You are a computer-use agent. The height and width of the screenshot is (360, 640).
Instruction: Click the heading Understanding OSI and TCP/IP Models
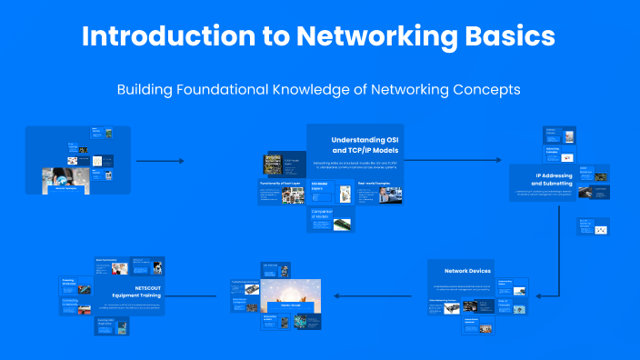pyautogui.click(x=364, y=143)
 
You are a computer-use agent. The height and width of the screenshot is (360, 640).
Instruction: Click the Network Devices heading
pyautogui.click(x=467, y=271)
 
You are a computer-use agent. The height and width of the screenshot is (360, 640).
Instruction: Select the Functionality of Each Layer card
pyautogui.click(x=281, y=192)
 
